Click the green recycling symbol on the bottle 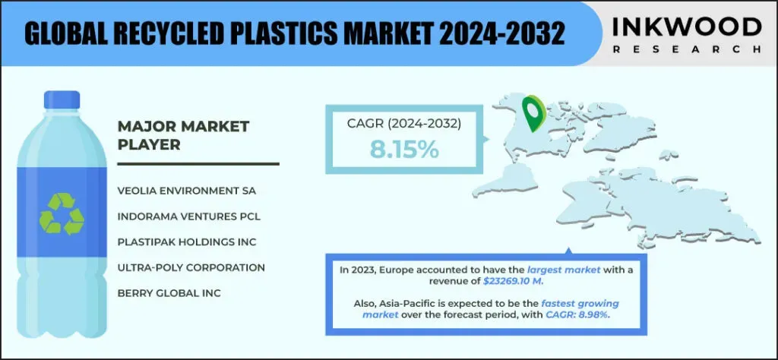tap(62, 213)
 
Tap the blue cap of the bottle tap(62, 99)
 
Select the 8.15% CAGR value tap(404, 150)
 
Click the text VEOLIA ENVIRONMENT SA tap(187, 191)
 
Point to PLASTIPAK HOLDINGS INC tap(187, 242)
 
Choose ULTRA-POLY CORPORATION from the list tap(191, 268)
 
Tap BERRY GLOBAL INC tap(169, 294)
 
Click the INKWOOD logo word tap(687, 27)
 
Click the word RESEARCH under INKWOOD tap(687, 49)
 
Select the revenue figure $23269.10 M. tap(514, 282)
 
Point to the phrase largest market tap(564, 270)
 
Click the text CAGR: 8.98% tap(577, 315)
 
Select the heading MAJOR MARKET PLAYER tap(183, 135)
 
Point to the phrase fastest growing tap(580, 304)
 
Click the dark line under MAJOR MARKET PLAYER tap(198, 163)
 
